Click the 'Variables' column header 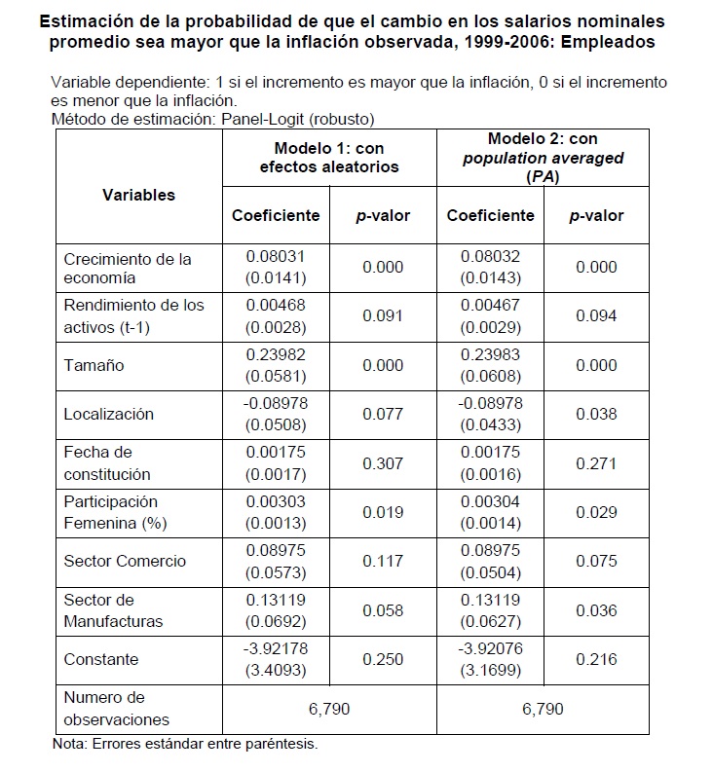tap(138, 195)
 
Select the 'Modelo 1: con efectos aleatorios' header tap(329, 158)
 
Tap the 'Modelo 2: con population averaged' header tap(542, 158)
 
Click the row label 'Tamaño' tap(94, 365)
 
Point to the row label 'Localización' tap(108, 414)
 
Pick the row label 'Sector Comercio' tap(125, 561)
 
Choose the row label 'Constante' tap(101, 659)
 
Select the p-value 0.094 tap(596, 316)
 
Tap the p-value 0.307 tap(383, 463)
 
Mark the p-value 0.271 tap(596, 463)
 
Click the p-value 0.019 tap(383, 512)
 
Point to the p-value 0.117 tap(383, 561)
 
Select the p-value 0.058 tap(383, 610)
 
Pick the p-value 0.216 tap(596, 659)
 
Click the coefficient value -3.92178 tap(276, 649)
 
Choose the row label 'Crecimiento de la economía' tap(128, 269)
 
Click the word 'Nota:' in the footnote tap(72, 745)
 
